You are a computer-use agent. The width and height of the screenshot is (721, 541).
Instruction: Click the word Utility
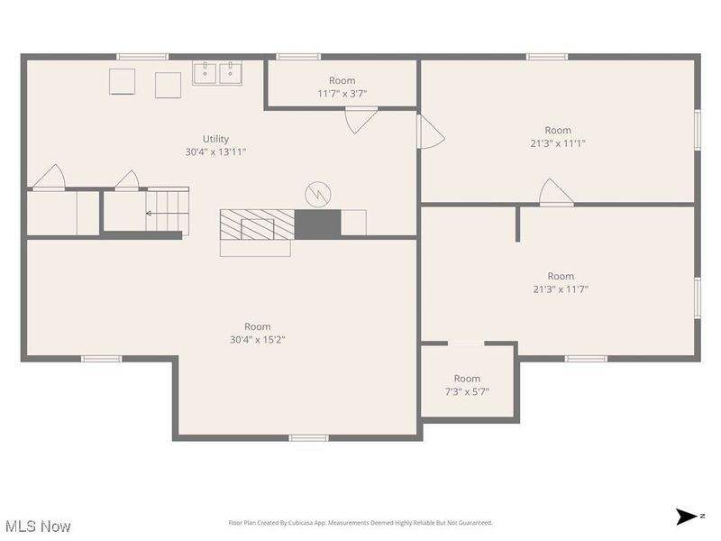215,139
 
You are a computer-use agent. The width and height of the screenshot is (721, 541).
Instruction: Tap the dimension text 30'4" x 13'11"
215,152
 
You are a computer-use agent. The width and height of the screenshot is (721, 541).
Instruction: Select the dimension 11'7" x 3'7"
342,94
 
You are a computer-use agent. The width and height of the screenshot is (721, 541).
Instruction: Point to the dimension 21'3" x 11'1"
558,143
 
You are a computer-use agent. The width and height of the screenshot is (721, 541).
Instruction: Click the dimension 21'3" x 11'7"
560,289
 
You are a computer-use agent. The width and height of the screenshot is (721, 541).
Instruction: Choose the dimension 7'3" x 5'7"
467,391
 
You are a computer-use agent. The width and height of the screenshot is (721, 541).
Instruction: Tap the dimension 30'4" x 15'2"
257,340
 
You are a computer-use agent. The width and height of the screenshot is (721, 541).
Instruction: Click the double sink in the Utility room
217,73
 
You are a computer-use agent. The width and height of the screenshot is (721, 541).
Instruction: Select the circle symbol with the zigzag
317,193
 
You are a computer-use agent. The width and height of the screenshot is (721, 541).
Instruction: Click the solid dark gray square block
317,224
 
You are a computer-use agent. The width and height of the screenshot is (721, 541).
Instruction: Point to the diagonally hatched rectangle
257,224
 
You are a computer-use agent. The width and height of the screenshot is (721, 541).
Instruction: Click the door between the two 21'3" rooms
555,193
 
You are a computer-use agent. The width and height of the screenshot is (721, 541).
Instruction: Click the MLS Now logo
37,525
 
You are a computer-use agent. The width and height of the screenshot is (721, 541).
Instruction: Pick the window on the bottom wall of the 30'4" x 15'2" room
308,438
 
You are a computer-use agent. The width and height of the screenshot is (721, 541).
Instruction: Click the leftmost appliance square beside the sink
122,81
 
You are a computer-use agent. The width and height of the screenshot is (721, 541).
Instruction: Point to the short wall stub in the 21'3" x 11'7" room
517,225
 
